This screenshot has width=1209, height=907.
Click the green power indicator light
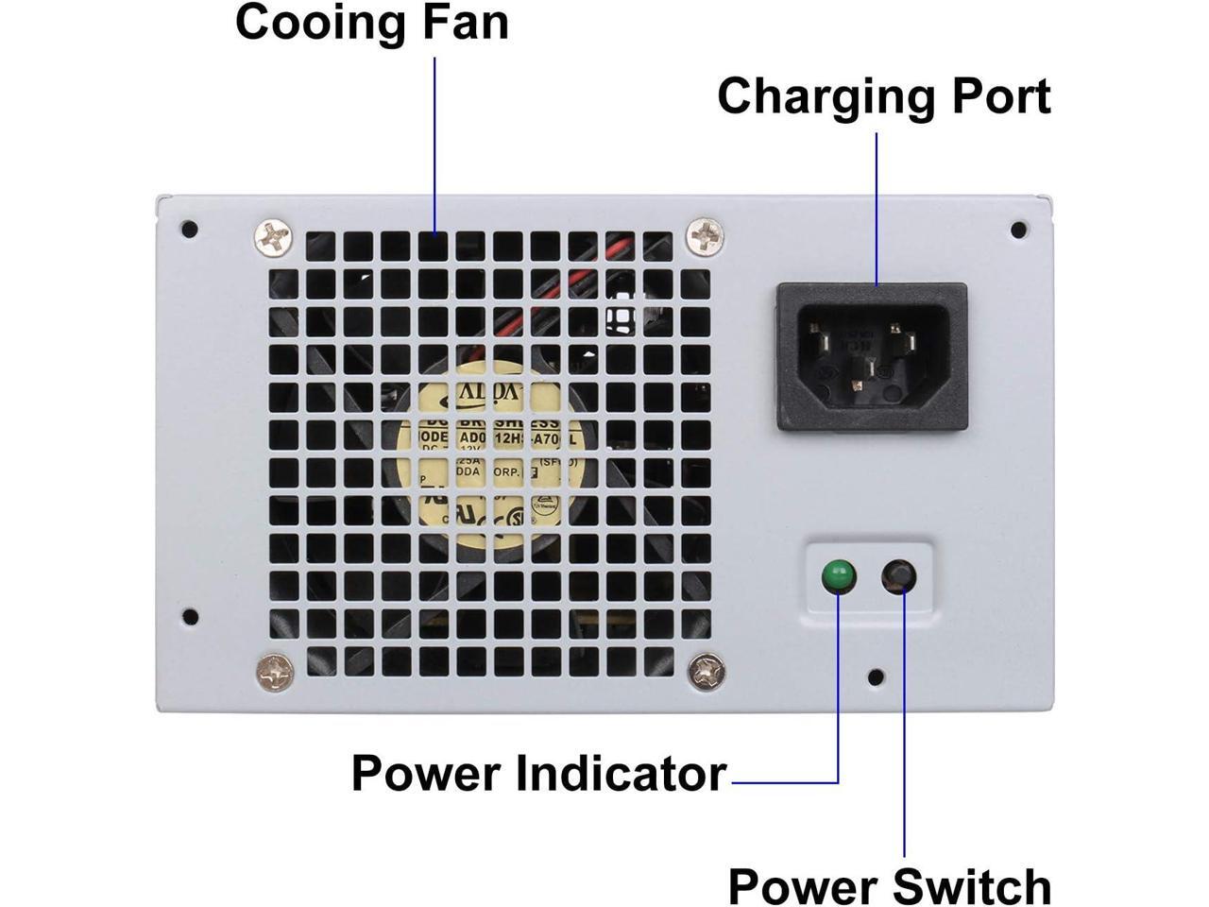pyautogui.click(x=838, y=576)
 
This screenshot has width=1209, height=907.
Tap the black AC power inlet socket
pyautogui.click(x=872, y=357)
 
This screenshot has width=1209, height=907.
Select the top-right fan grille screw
pyautogui.click(x=705, y=235)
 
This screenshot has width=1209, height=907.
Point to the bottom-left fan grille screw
pyautogui.click(x=275, y=672)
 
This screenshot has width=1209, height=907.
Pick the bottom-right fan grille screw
pyautogui.click(x=707, y=671)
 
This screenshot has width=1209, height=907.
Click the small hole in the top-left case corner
pyautogui.click(x=190, y=229)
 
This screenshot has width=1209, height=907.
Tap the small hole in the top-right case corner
pyautogui.click(x=1018, y=230)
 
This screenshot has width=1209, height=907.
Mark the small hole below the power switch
pyautogui.click(x=876, y=676)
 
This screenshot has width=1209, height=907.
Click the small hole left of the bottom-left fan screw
pyautogui.click(x=190, y=617)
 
